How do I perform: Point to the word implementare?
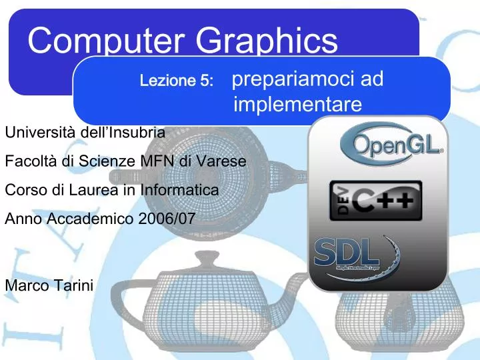coord(298,105)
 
